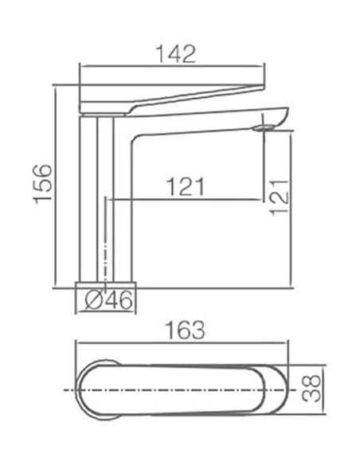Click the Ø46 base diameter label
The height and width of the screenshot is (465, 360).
pyautogui.click(x=108, y=301)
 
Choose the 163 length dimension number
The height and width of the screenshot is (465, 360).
pyautogui.click(x=182, y=329)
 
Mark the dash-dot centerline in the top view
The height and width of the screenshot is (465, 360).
pyautogui.click(x=183, y=390)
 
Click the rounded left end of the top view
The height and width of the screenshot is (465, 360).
pyautogui.click(x=84, y=390)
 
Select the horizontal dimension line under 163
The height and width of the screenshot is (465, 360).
pyautogui.click(x=182, y=343)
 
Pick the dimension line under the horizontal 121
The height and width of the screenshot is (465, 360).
pyautogui.click(x=187, y=199)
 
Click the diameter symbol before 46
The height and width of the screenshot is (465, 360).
pyautogui.click(x=92, y=301)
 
